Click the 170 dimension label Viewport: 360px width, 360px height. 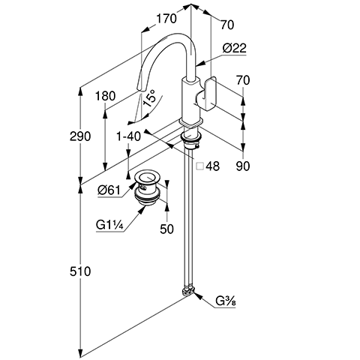click(x=166, y=19)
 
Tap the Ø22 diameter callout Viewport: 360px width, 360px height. click(x=234, y=48)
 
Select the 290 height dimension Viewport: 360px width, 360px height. click(x=80, y=136)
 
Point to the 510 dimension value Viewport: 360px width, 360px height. click(x=80, y=271)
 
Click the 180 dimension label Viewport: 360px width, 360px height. click(x=106, y=96)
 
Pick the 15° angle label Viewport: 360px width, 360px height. click(x=149, y=98)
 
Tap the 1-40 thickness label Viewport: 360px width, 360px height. click(x=129, y=136)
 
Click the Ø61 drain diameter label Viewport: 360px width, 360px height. click(x=109, y=190)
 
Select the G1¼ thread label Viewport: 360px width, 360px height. click(x=109, y=225)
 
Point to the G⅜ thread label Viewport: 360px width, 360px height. click(x=226, y=301)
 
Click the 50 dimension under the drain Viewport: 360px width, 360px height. click(x=166, y=229)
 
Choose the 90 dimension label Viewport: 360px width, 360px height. click(x=243, y=166)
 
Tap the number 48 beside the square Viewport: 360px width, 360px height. click(x=213, y=166)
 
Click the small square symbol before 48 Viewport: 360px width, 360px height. click(x=200, y=166)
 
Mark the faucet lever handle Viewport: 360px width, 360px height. click(x=206, y=94)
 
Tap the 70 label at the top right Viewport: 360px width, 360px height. click(x=227, y=25)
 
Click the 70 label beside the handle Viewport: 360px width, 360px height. click(x=243, y=80)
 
